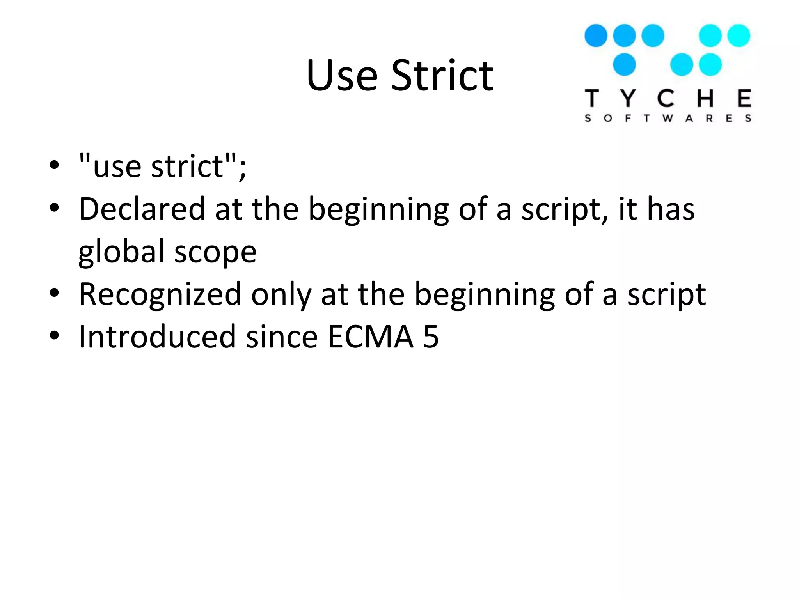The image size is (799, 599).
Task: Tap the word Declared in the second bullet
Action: [x=142, y=209]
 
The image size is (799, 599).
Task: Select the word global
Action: [x=121, y=252]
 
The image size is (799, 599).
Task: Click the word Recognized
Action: [x=160, y=294]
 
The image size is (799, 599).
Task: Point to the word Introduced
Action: [x=157, y=337]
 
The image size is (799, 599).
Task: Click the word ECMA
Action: [x=370, y=337]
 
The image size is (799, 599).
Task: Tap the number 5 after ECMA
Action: [x=431, y=337]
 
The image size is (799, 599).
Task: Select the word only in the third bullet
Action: [x=281, y=294]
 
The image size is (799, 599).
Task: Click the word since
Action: [x=282, y=337]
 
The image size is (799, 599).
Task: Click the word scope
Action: [x=215, y=252]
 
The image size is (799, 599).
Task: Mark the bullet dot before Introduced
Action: [x=54, y=335]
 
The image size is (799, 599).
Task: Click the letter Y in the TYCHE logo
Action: [x=628, y=98]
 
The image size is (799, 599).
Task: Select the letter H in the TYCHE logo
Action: [x=706, y=98]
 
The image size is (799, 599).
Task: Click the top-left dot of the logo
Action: [x=596, y=35]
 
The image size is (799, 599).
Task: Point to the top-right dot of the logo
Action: [x=739, y=35]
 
